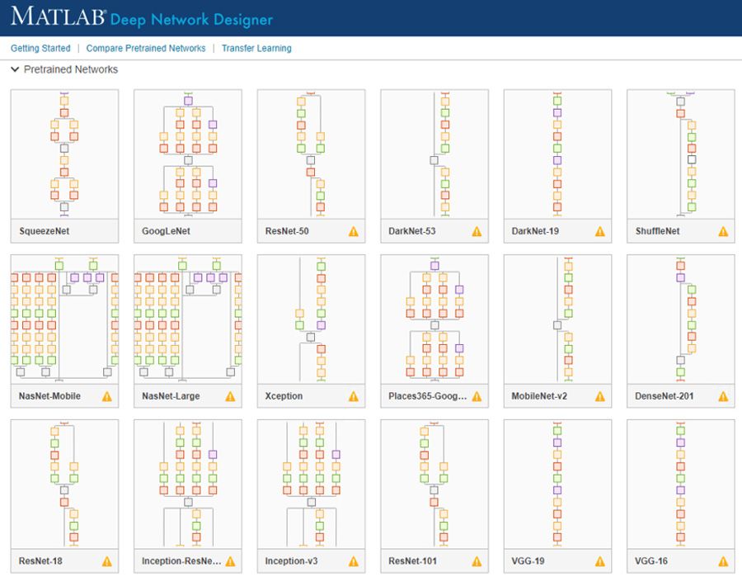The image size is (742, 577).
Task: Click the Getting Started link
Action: (x=40, y=49)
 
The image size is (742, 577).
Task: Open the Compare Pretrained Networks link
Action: (x=146, y=49)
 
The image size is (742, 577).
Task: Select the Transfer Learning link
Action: (x=256, y=49)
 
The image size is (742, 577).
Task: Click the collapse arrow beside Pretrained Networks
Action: (x=15, y=70)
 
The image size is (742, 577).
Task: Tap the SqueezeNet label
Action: (x=45, y=231)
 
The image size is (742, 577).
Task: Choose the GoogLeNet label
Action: (x=166, y=231)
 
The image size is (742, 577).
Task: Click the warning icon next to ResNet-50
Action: (x=354, y=231)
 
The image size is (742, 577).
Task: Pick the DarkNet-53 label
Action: (x=412, y=231)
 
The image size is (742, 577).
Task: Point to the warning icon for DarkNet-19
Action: (x=600, y=231)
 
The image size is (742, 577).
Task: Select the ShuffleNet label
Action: (x=657, y=231)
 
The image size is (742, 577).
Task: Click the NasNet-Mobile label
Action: (x=49, y=396)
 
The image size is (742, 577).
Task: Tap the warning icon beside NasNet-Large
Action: (x=230, y=396)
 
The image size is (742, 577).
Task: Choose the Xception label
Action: (x=284, y=396)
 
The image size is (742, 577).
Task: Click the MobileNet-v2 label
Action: (x=539, y=396)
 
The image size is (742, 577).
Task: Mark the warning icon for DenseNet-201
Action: (x=723, y=396)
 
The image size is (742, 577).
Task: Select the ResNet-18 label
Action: (x=40, y=561)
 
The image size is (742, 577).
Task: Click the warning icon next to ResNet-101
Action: (x=477, y=561)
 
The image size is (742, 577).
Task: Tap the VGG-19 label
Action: (x=528, y=561)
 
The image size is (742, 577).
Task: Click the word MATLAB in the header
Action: (x=56, y=17)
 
